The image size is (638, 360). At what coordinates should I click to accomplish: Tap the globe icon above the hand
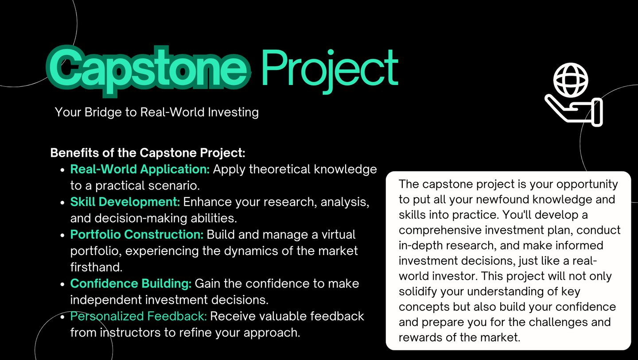tap(571, 80)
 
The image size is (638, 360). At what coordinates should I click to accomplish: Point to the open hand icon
tap(574, 111)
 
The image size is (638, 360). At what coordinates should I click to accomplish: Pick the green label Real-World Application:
tap(140, 169)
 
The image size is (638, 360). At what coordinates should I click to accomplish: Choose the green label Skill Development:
tap(125, 202)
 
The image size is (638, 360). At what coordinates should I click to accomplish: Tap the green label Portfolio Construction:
tap(137, 235)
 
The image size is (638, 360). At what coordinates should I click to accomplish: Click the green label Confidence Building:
tap(131, 283)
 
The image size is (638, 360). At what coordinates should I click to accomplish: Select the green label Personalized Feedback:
tap(138, 316)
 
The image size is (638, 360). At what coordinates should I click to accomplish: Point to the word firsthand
tap(96, 267)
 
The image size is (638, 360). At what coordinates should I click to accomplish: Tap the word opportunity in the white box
tap(587, 185)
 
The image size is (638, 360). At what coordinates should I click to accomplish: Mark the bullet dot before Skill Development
tap(62, 202)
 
